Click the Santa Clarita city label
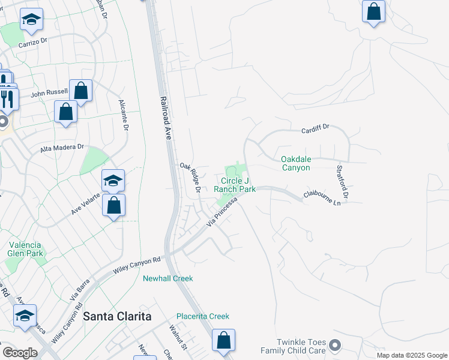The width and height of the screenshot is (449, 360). [117, 316]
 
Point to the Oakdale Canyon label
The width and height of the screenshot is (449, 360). [295, 163]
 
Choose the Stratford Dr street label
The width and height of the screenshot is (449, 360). [342, 182]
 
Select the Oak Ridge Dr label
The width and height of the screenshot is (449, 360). [190, 178]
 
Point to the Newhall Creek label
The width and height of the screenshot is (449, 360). [167, 278]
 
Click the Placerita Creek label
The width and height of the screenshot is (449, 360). [203, 316]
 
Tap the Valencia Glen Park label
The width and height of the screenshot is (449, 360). [25, 249]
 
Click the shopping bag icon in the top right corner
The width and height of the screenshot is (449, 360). [373, 11]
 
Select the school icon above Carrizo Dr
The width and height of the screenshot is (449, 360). [31, 20]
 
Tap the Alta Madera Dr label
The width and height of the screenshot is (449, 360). [61, 148]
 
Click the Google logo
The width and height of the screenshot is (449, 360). [20, 353]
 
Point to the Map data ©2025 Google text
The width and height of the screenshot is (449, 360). [411, 355]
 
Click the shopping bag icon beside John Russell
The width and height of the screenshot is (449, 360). [80, 91]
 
